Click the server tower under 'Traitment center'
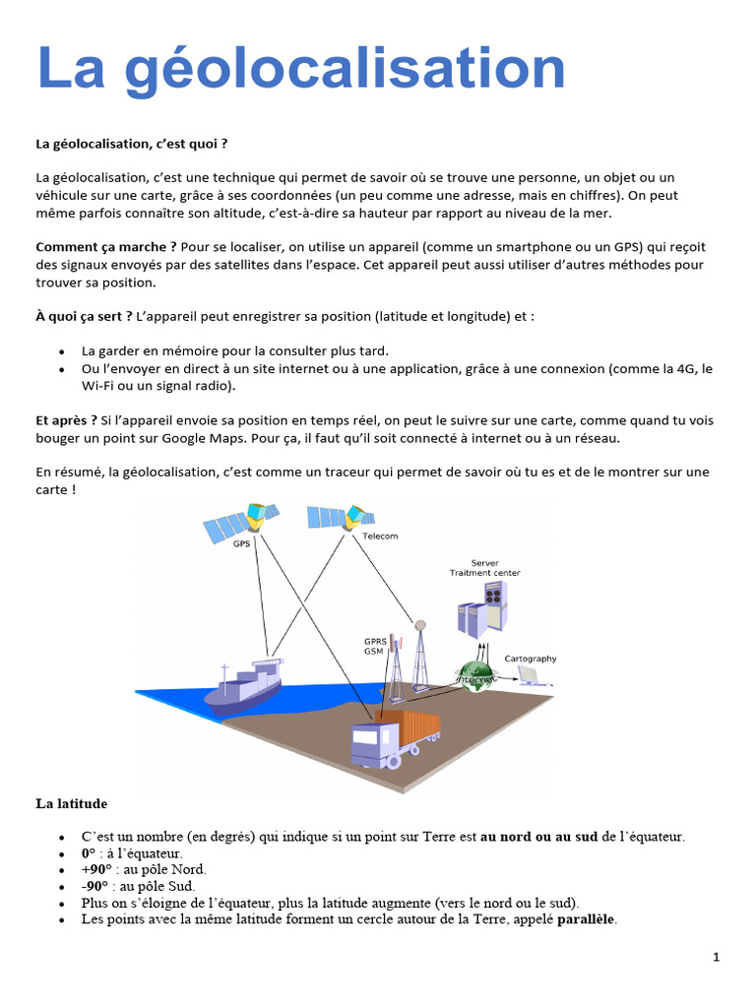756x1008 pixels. click(481, 604)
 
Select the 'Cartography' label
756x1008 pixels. click(530, 659)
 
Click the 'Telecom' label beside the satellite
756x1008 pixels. click(380, 536)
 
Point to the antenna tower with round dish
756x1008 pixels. click(420, 655)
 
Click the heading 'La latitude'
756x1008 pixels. click(72, 804)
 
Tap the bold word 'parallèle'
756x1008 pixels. click(587, 919)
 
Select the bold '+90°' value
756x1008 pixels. click(97, 869)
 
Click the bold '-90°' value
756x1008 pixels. click(96, 886)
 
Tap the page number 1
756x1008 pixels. click(716, 957)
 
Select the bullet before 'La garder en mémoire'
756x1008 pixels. click(62, 351)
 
